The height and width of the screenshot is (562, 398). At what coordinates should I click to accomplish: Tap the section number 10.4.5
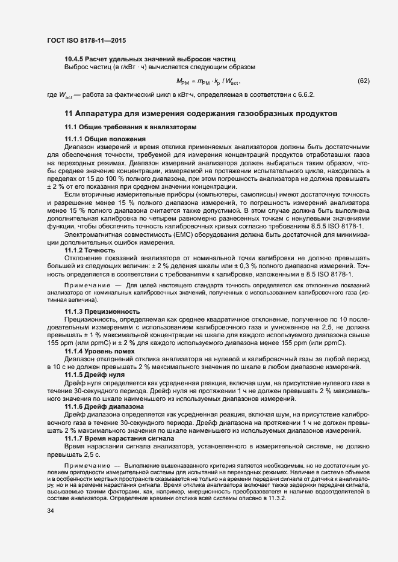click(x=74, y=59)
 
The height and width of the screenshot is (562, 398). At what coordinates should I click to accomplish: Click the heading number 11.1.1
click(x=74, y=139)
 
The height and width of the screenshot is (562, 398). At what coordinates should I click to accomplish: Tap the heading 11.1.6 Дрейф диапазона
click(x=104, y=406)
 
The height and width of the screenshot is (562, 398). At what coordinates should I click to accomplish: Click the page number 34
click(x=51, y=528)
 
